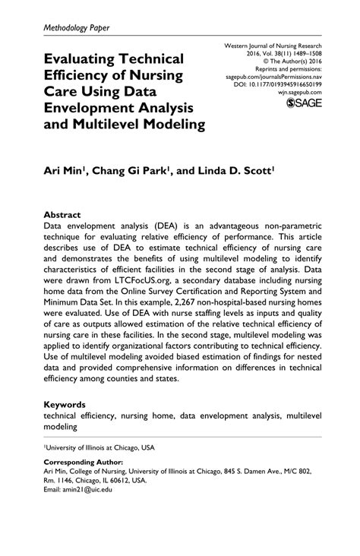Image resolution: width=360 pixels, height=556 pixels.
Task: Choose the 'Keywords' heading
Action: (x=65, y=404)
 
